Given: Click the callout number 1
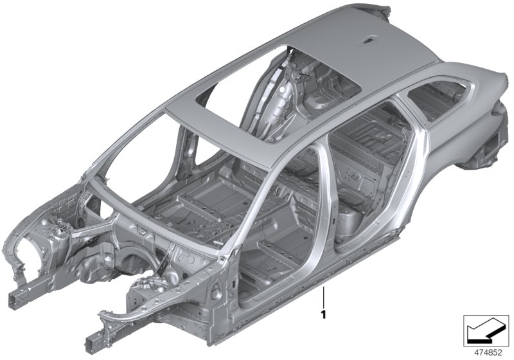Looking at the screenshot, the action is pos(324,315).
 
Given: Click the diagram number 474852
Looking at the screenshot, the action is pos(488,352).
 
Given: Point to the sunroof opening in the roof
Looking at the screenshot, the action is pos(279,95).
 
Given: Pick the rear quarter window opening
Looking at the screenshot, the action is pos(438,98).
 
